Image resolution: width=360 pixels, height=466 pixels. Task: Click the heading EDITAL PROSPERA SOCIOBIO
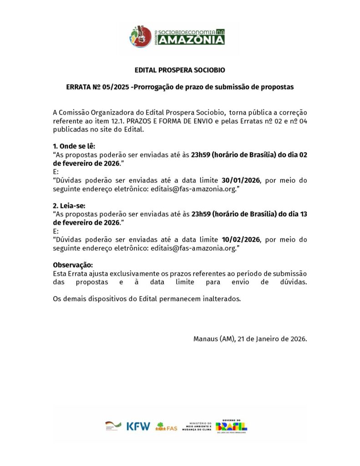click(180, 71)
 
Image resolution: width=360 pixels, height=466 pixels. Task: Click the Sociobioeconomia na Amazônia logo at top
click(177, 35)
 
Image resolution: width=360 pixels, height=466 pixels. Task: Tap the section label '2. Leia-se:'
click(69, 206)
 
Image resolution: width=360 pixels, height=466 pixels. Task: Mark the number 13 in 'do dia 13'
click(303, 214)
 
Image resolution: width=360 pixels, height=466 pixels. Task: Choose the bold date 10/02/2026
click(240, 239)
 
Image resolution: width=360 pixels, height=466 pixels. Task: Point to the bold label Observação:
click(73, 265)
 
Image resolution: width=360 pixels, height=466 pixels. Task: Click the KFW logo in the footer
click(138, 426)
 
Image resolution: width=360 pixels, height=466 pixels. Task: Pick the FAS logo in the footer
click(167, 427)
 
